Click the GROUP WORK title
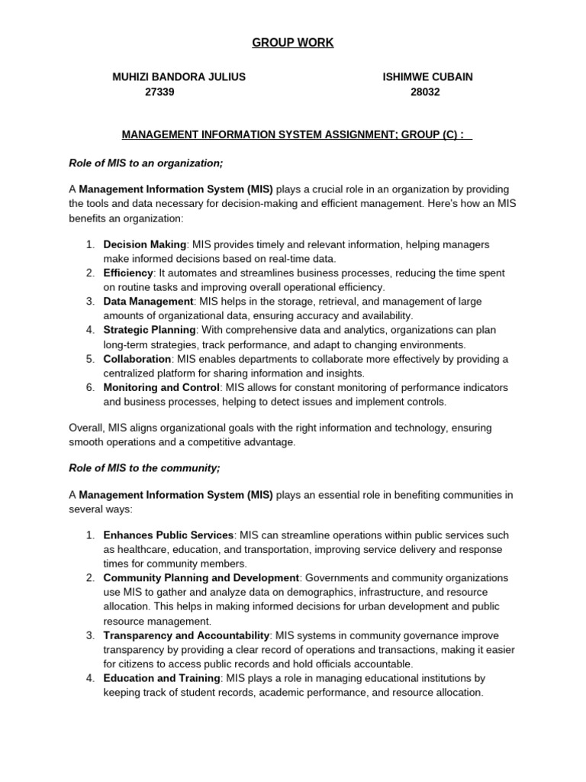(293, 43)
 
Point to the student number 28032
(425, 92)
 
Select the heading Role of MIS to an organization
(146, 163)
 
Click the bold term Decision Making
(144, 244)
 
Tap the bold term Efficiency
(128, 273)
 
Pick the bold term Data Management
(149, 302)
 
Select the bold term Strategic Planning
(150, 330)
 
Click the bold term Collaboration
(137, 359)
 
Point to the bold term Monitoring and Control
(162, 387)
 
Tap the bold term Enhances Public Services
(168, 535)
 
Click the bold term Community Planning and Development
(201, 578)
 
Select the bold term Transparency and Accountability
(186, 635)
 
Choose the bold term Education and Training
(162, 678)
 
